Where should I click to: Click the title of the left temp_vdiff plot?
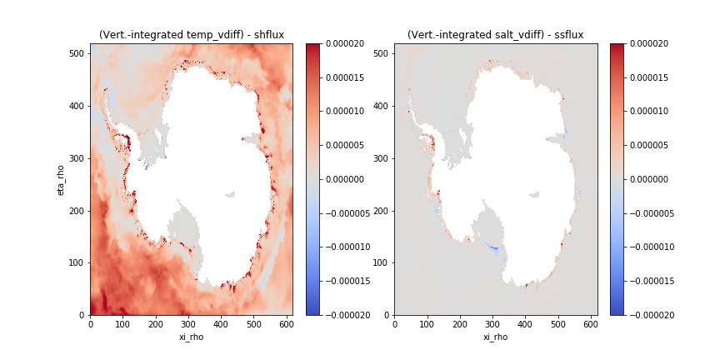point(191,35)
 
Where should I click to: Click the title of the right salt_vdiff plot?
point(495,35)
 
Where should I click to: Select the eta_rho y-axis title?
point(61,179)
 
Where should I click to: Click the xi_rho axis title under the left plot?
point(191,337)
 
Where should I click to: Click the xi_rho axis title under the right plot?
point(495,337)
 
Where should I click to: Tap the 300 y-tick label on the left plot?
point(77,158)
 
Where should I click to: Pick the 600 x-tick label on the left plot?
point(286,324)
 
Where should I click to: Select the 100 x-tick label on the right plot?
point(427,324)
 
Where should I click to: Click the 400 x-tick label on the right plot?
point(525,324)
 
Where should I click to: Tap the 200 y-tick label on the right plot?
point(382,211)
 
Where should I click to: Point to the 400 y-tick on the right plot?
point(382,106)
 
